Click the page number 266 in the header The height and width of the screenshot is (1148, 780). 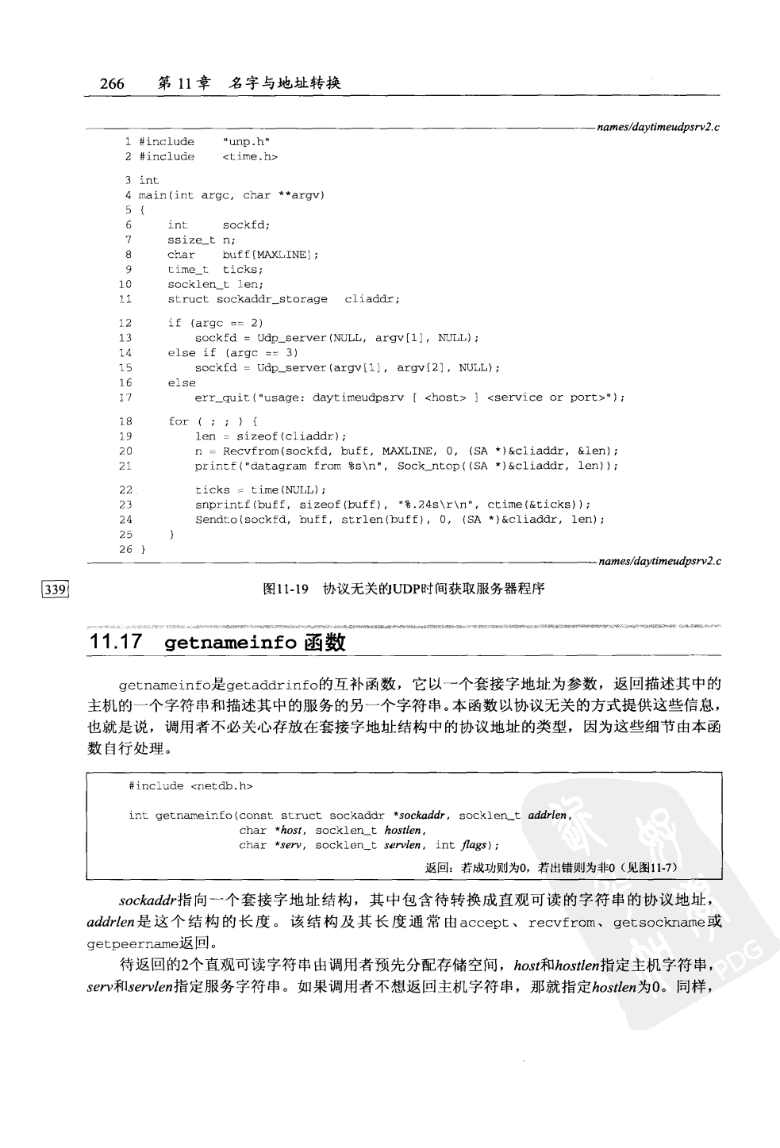112,83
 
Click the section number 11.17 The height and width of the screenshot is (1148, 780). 117,643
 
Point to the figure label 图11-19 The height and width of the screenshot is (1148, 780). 285,589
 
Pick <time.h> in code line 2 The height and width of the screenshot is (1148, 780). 250,157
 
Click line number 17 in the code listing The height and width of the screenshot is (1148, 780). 125,397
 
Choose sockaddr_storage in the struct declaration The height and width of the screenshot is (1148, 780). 271,299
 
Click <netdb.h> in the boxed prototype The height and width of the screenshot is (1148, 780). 221,786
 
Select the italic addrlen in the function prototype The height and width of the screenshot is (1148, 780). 548,815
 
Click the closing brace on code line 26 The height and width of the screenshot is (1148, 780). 143,549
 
